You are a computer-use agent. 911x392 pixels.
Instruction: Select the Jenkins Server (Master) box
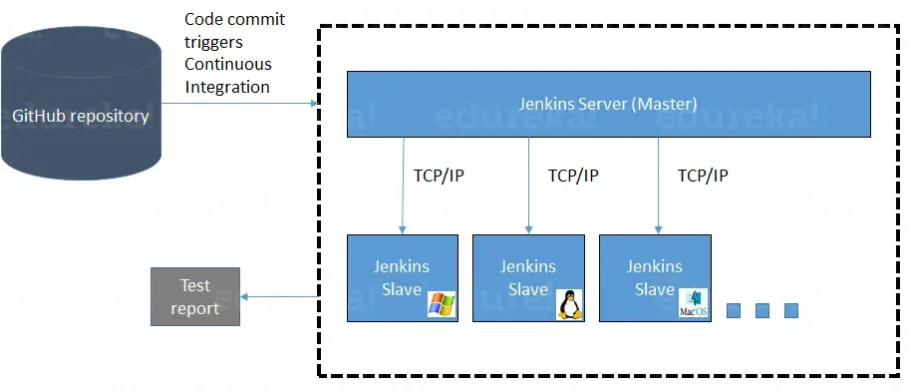pyautogui.click(x=608, y=104)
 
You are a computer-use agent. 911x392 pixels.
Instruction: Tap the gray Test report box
pyautogui.click(x=195, y=297)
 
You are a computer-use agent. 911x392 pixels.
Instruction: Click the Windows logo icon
pyautogui.click(x=442, y=304)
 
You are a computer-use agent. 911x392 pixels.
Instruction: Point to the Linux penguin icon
pyautogui.click(x=569, y=304)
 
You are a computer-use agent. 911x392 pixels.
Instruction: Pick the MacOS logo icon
pyautogui.click(x=694, y=304)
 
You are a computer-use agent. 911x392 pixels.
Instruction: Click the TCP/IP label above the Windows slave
pyautogui.click(x=439, y=176)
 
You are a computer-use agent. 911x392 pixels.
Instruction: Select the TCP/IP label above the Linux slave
pyautogui.click(x=573, y=176)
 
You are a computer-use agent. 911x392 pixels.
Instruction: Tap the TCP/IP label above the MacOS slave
pyautogui.click(x=703, y=176)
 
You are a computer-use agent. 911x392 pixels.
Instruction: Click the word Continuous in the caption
pyautogui.click(x=227, y=64)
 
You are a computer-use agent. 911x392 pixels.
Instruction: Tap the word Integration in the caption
pyautogui.click(x=227, y=87)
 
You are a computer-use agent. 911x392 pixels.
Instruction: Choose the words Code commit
pyautogui.click(x=234, y=20)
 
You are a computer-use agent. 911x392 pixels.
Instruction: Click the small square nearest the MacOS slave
pyautogui.click(x=734, y=311)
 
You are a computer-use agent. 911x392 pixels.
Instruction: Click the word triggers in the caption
pyautogui.click(x=213, y=42)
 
